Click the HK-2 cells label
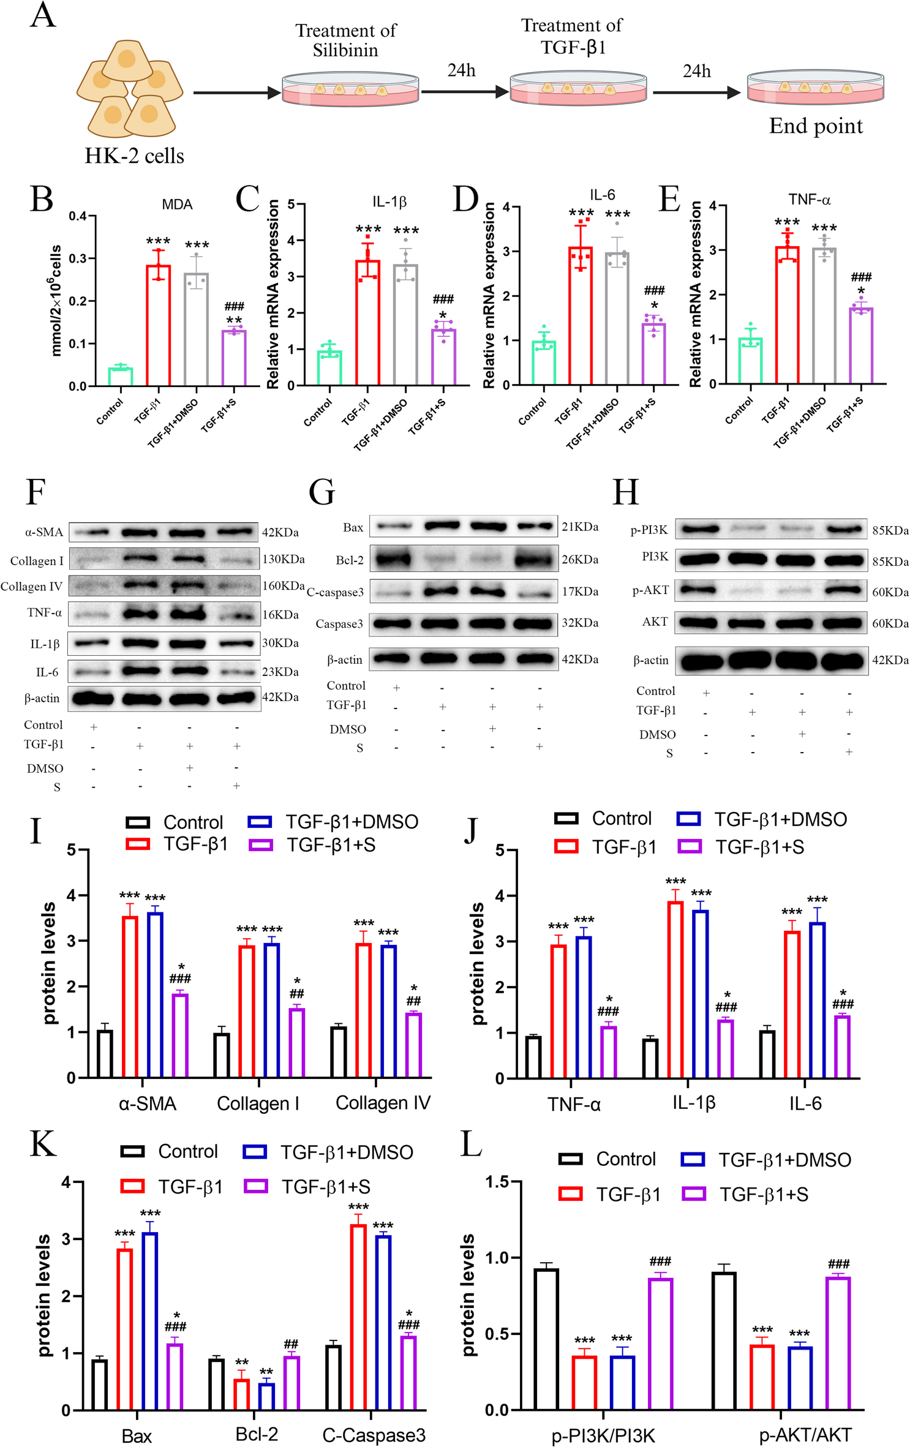pyautogui.click(x=134, y=156)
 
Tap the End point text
pyautogui.click(x=816, y=127)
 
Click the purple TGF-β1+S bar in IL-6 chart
pyautogui.click(x=654, y=354)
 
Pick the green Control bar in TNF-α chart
pyautogui.click(x=750, y=361)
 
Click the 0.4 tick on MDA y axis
pyautogui.click(x=77, y=216)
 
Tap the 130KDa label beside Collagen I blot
pyautogui.click(x=283, y=559)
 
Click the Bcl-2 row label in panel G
pyautogui.click(x=349, y=560)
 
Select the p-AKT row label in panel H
pyautogui.click(x=650, y=590)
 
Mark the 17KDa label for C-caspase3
pyautogui.click(x=580, y=592)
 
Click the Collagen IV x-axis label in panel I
pyautogui.click(x=383, y=1102)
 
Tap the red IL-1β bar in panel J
pyautogui.click(x=675, y=989)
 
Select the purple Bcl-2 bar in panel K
pyautogui.click(x=291, y=1383)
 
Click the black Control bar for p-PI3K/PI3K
pyautogui.click(x=546, y=1339)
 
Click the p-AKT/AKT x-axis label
pyautogui.click(x=805, y=1435)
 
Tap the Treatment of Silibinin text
pyautogui.click(x=345, y=40)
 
